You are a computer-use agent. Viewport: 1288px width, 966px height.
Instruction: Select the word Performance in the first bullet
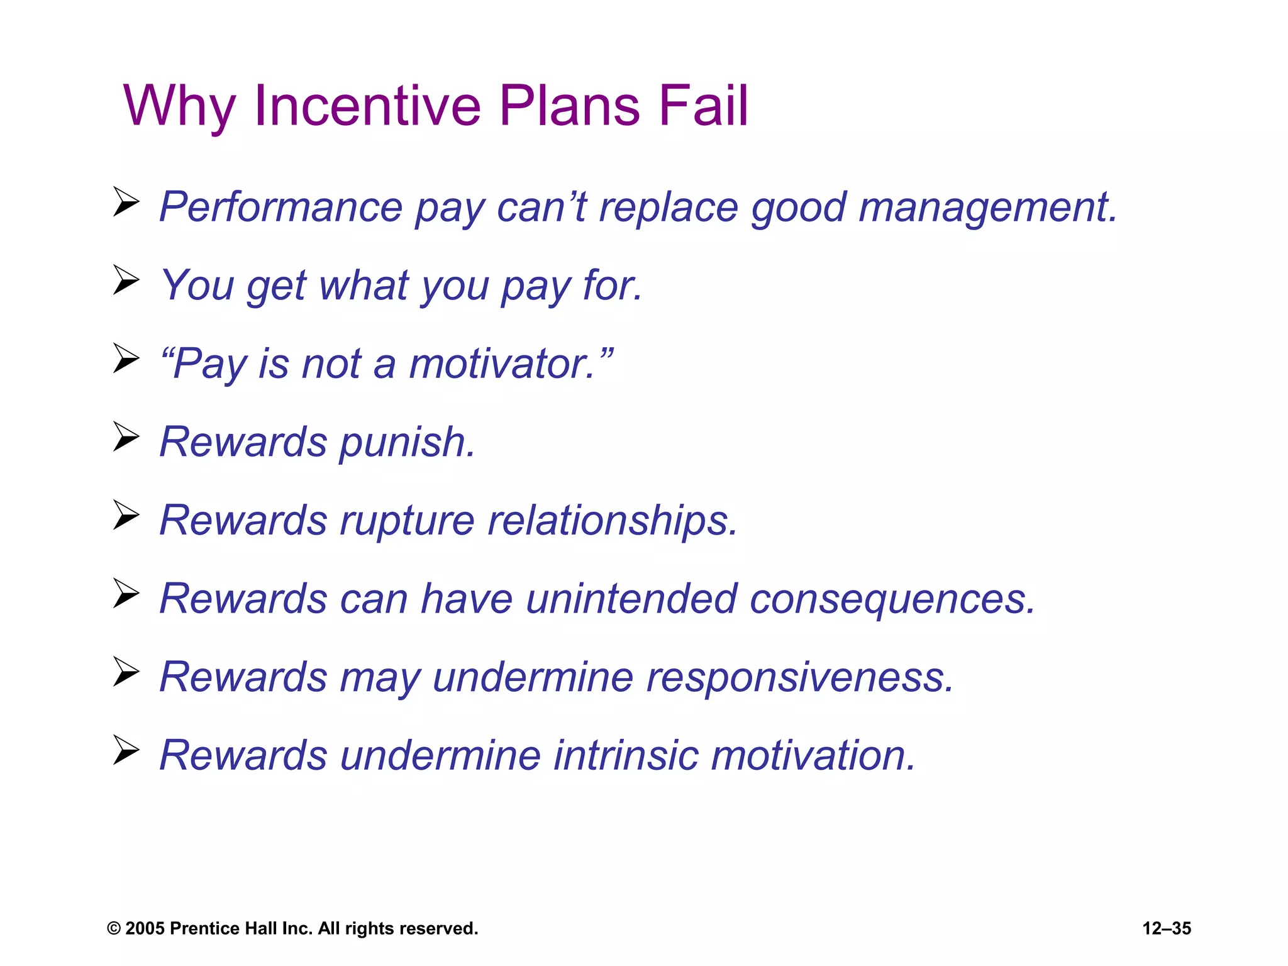(x=280, y=207)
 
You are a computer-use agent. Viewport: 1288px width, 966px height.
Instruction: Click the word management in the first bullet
(x=987, y=208)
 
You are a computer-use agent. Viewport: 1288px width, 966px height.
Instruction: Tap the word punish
(x=408, y=443)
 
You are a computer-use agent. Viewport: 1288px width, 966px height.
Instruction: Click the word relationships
(x=612, y=521)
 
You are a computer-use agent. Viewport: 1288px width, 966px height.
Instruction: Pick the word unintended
(x=631, y=599)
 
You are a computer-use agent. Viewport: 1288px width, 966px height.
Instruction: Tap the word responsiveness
(x=800, y=678)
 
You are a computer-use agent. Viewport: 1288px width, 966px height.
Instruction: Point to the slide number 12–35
(x=1167, y=928)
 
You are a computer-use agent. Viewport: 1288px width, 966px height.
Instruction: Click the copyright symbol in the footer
(x=114, y=929)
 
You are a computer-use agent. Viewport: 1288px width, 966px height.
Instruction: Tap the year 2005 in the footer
(x=145, y=928)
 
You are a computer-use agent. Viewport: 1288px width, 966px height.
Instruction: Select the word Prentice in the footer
(x=204, y=928)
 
